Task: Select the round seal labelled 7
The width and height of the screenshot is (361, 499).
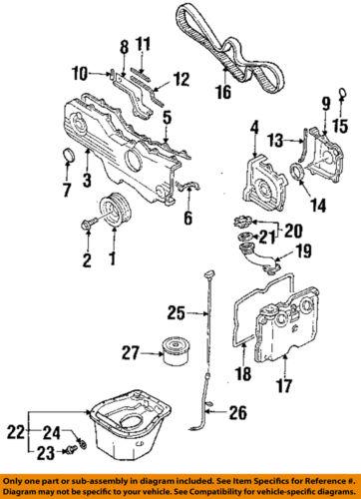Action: (71, 155)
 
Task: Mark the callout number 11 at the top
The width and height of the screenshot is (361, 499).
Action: (143, 44)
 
